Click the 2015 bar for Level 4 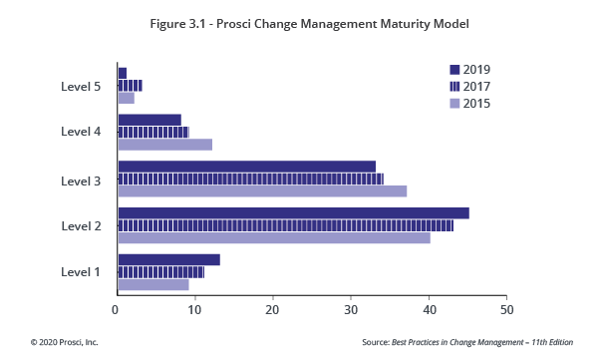pyautogui.click(x=164, y=145)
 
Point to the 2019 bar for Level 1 pyautogui.click(x=168, y=259)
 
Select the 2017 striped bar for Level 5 pyautogui.click(x=130, y=86)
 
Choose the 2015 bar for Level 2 pyautogui.click(x=274, y=237)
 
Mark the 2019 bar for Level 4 pyautogui.click(x=150, y=120)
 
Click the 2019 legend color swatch pyautogui.click(x=454, y=70)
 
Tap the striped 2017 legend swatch pyautogui.click(x=454, y=87)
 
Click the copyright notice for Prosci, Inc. pyautogui.click(x=65, y=342)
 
